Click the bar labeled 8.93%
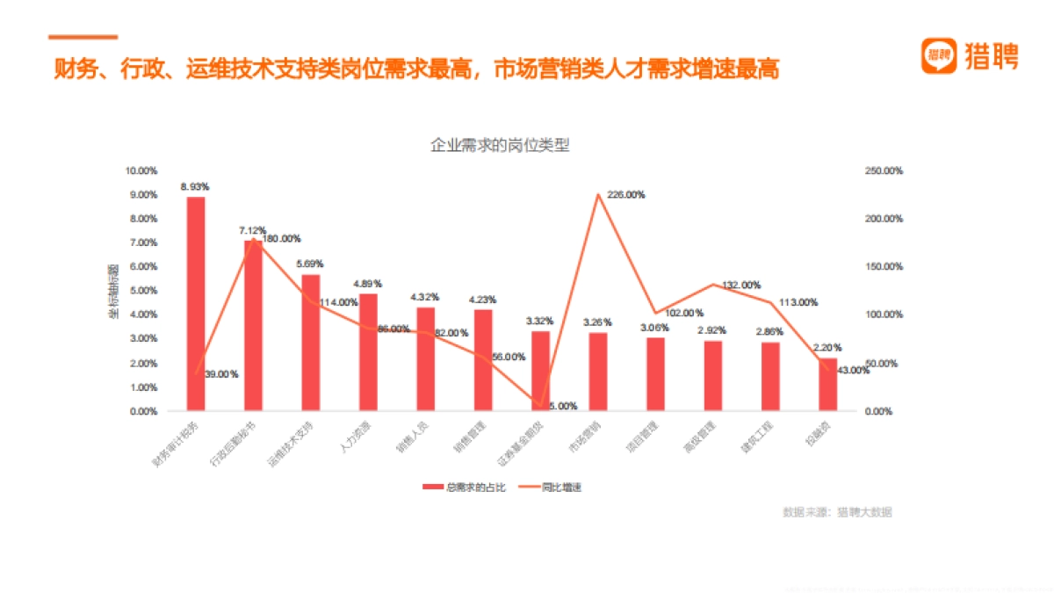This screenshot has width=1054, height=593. (x=196, y=303)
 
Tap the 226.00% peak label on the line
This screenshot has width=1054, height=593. (x=626, y=195)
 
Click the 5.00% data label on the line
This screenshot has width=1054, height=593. (x=563, y=406)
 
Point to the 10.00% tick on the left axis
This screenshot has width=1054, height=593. (x=143, y=170)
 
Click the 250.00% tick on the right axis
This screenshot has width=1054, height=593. (x=884, y=170)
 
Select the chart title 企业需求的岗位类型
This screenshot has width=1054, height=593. (x=500, y=145)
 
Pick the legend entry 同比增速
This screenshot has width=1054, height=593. (x=552, y=487)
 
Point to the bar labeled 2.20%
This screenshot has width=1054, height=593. (x=827, y=385)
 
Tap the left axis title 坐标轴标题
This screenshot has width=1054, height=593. (x=114, y=291)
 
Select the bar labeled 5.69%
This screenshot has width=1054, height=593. (x=311, y=343)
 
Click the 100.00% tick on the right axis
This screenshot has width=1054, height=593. (x=884, y=315)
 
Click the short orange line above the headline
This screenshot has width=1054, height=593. (x=83, y=37)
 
